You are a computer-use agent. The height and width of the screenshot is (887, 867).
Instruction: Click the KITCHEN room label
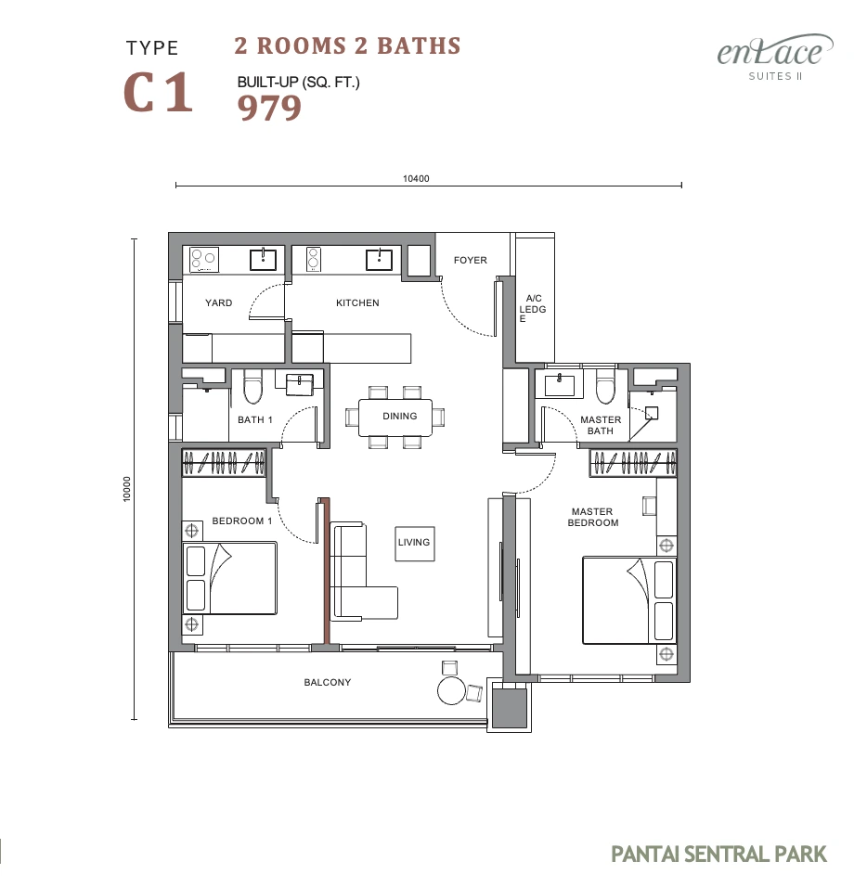coord(357,303)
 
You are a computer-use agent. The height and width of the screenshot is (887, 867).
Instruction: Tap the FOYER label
coord(471,260)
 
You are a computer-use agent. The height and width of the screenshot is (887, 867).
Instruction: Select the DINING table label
coord(399,417)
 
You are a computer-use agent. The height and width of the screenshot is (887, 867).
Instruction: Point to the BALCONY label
coord(327,682)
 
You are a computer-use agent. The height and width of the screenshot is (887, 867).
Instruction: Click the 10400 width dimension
coord(416,179)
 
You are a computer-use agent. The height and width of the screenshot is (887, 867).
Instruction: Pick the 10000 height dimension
coord(127,489)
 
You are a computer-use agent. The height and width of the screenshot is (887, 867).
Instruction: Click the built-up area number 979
coord(269,108)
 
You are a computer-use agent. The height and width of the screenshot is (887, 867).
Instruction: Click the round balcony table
coord(451,690)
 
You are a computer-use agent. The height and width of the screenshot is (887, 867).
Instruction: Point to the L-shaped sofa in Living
coord(363,572)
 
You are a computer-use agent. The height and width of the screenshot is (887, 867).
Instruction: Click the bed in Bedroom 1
coord(230,578)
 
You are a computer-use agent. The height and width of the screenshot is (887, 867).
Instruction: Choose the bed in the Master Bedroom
coord(630,600)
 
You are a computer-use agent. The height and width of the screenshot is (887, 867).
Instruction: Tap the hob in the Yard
coord(204,260)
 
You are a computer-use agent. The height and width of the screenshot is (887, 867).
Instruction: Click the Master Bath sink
coord(559,385)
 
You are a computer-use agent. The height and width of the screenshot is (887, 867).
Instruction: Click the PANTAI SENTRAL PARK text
coord(718,854)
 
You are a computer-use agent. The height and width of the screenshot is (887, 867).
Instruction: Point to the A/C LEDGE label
coord(533,308)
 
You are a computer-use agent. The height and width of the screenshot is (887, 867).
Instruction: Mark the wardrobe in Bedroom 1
coord(224,462)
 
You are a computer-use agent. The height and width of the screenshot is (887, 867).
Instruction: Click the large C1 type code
coord(158,92)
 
